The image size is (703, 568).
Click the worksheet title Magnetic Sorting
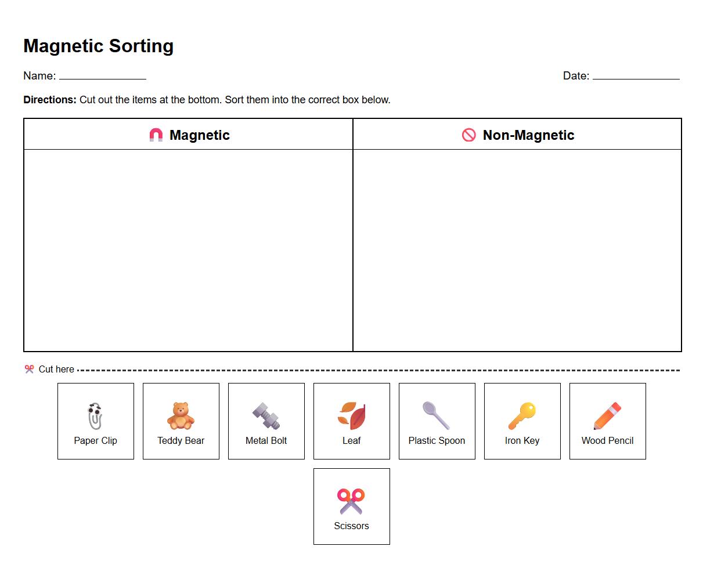(x=98, y=46)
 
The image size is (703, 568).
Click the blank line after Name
(x=102, y=78)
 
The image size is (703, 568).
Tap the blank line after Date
(x=636, y=78)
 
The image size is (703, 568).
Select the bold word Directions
(x=50, y=100)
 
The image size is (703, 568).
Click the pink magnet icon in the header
(x=156, y=135)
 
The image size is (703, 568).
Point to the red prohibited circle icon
(x=468, y=135)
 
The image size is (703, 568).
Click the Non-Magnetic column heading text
(x=528, y=135)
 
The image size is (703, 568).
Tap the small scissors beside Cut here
(x=29, y=369)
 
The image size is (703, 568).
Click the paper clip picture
(x=95, y=416)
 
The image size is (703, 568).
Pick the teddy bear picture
(x=181, y=416)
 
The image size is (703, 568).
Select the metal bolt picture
(x=266, y=416)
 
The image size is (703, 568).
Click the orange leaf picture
(x=352, y=416)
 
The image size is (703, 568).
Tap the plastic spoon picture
(x=436, y=415)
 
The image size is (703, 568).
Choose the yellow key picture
(x=522, y=416)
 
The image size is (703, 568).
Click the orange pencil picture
(x=607, y=416)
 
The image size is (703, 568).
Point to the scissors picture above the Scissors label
(x=351, y=501)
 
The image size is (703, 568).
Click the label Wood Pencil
(x=607, y=441)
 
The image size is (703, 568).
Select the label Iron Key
(x=522, y=441)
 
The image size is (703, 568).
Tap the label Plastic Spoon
(x=437, y=441)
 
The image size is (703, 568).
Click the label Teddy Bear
(x=181, y=441)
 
